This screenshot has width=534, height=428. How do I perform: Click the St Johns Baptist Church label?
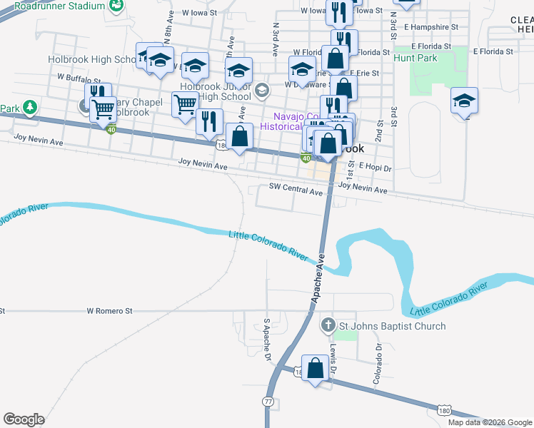click(392, 326)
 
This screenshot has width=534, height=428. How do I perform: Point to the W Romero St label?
click(110, 311)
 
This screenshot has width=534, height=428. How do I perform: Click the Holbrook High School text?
click(91, 60)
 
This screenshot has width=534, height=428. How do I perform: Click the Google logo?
click(24, 419)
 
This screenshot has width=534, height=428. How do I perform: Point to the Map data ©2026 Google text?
click(489, 422)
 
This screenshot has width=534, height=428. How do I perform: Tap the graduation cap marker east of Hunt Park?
click(464, 102)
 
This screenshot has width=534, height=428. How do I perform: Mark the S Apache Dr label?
click(268, 340)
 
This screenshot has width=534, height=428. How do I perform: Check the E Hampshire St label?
click(428, 26)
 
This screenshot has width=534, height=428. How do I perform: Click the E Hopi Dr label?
click(376, 166)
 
